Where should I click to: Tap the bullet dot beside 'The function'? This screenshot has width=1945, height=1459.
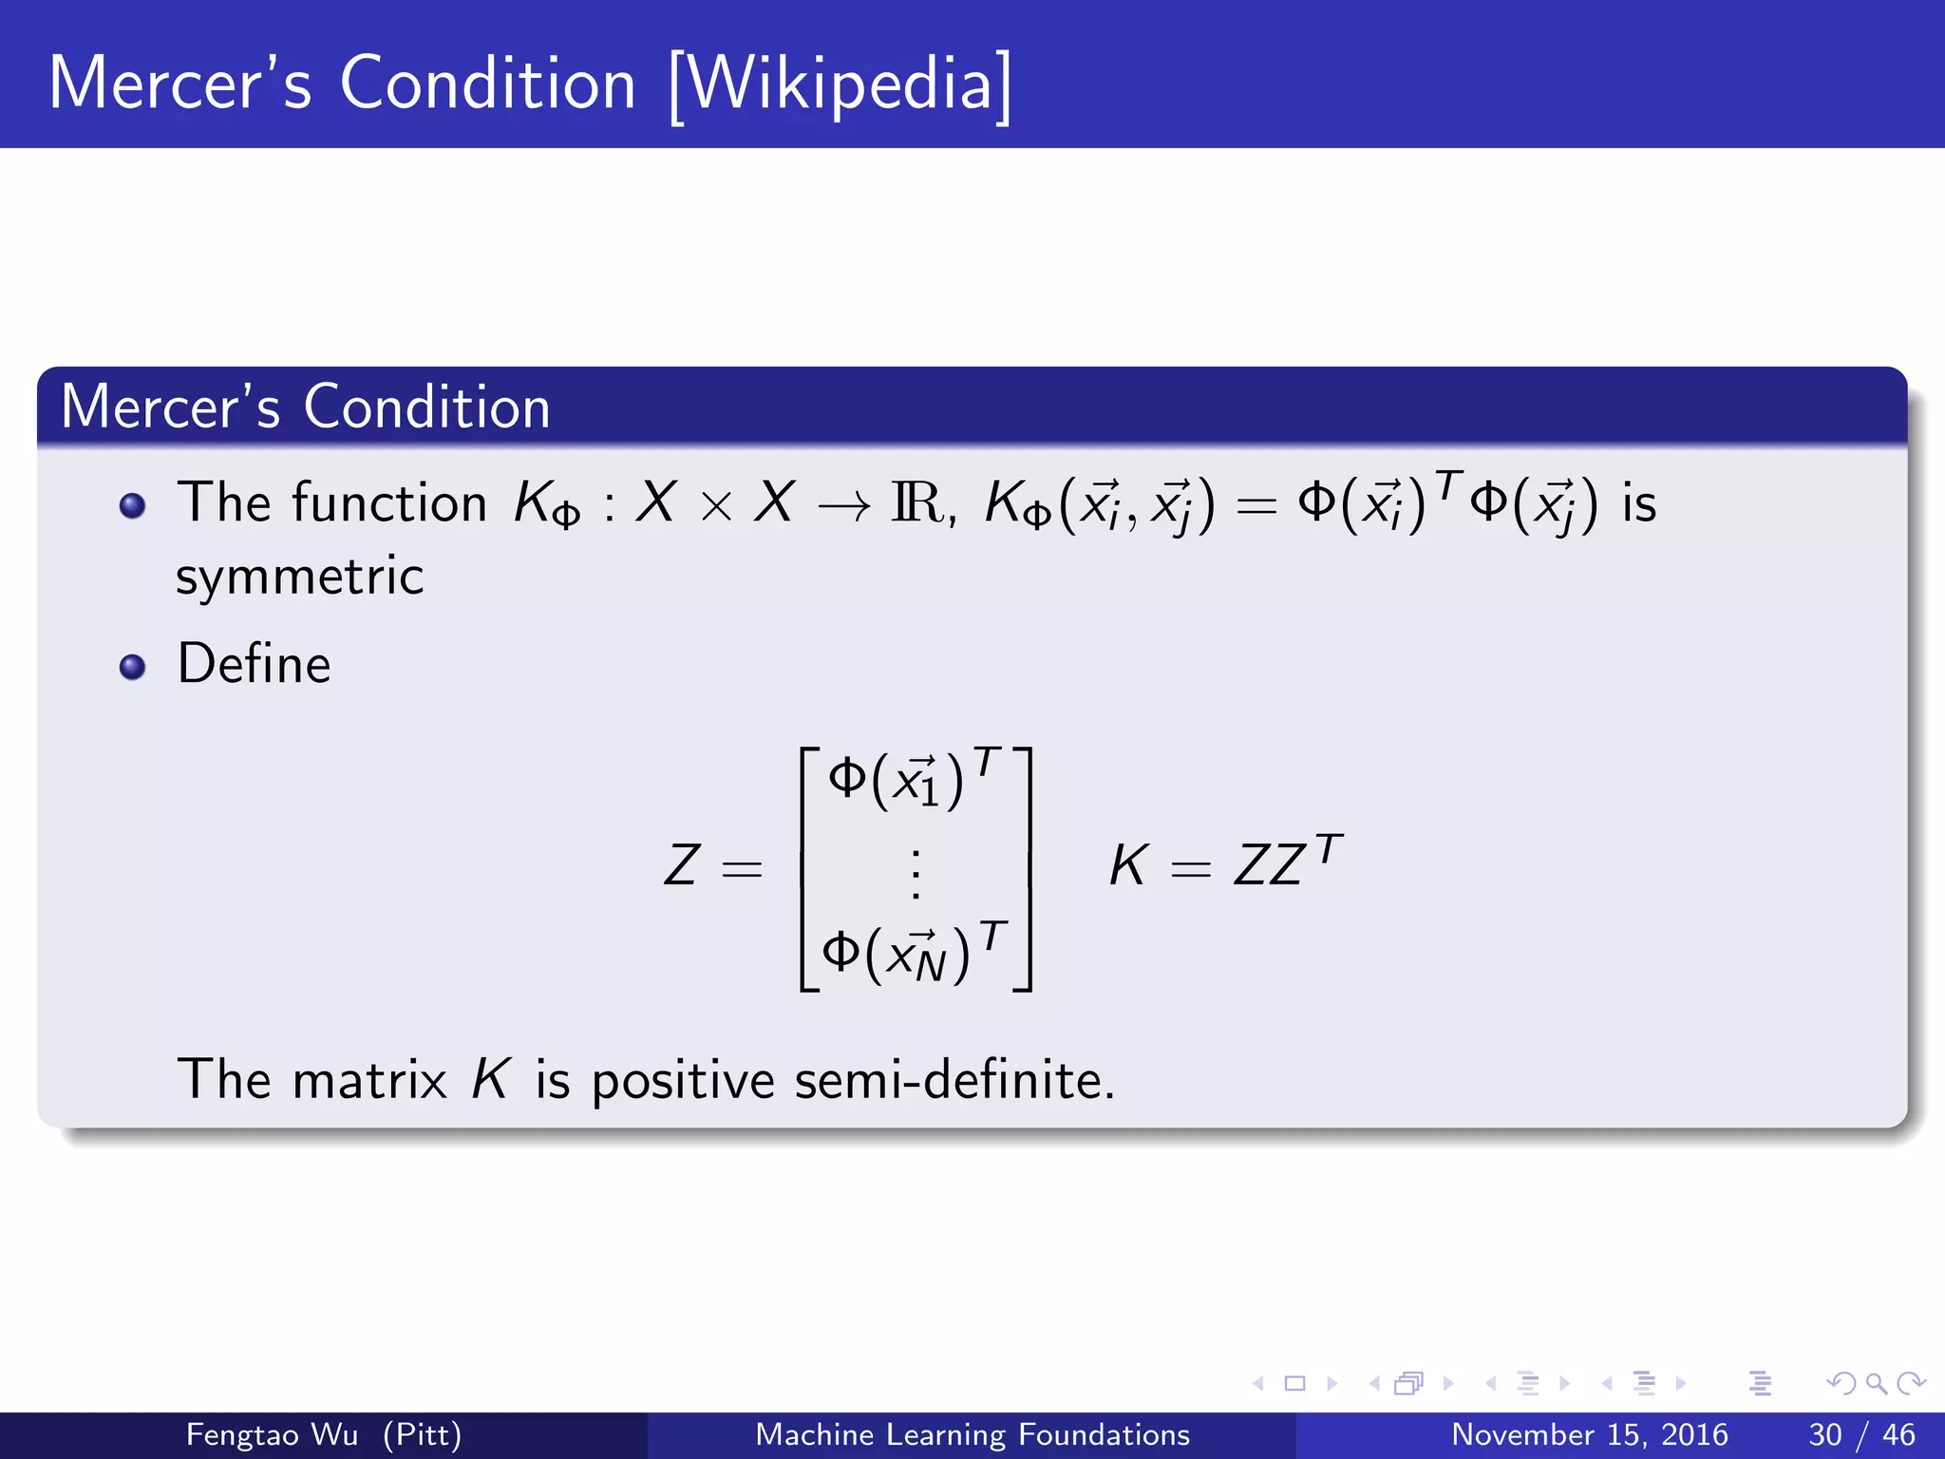[133, 505]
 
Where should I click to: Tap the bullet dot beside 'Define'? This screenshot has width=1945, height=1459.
[133, 667]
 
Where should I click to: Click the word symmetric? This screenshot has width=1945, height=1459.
[299, 577]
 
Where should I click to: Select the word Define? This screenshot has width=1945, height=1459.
[254, 664]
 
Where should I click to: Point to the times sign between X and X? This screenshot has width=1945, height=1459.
[715, 506]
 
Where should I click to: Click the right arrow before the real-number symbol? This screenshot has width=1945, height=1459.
[843, 507]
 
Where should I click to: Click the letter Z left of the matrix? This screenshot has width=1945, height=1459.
[681, 865]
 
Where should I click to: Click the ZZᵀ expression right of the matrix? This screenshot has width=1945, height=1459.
[1287, 862]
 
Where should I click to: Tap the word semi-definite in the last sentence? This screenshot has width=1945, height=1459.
[954, 1081]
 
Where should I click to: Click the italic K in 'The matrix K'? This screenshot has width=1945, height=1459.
[491, 1080]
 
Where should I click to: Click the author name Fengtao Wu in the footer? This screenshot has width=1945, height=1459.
[272, 1434]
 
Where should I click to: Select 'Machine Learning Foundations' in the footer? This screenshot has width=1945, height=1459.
[972, 1434]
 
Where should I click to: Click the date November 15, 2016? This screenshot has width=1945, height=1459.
[1589, 1434]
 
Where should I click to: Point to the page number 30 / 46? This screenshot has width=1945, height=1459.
[1861, 1434]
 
